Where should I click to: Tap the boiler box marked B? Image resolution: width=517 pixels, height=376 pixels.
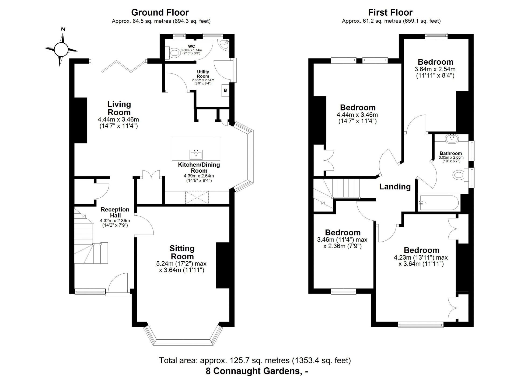(225, 90)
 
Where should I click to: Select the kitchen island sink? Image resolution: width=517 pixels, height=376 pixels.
(196, 155)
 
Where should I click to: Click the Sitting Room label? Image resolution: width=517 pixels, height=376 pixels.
(182, 252)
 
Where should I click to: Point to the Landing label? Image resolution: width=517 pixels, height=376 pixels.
(395, 187)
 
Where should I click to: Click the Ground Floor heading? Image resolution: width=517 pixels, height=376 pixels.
(160, 12)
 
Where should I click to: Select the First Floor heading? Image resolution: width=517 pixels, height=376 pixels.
(390, 12)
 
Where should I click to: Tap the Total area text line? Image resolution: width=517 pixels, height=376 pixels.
(255, 360)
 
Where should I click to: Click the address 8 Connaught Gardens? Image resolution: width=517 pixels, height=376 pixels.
(257, 371)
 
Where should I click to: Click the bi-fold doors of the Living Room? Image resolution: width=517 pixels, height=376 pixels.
(124, 66)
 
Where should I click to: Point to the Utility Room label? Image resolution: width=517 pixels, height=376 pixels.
(203, 74)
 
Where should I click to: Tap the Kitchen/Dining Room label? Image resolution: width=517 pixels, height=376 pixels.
(199, 168)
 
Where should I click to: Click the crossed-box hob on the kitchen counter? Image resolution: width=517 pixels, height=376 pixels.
(197, 197)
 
